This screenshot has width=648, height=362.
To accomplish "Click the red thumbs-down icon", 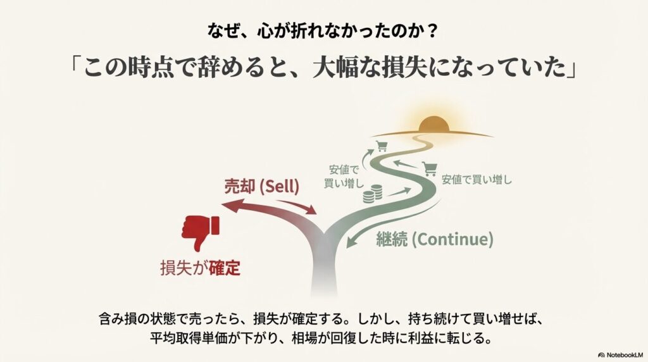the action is click(x=200, y=232).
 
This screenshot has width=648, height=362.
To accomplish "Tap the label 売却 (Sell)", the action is click(x=261, y=186).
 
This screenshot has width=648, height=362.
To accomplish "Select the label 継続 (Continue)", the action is click(x=435, y=239).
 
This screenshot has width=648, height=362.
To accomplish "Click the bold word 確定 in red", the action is click(x=225, y=268).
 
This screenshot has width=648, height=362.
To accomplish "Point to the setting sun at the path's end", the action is click(x=433, y=125).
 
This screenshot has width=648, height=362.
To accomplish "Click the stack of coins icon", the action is click(x=372, y=194).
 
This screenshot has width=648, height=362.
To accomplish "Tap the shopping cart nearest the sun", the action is click(x=381, y=146).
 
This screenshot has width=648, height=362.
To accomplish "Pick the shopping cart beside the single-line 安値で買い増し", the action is click(x=430, y=169).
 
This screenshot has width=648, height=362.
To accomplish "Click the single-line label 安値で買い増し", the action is click(x=477, y=180).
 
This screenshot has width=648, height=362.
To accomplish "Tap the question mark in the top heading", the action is click(x=433, y=32).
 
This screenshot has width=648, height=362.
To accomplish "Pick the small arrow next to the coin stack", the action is click(x=399, y=192).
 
